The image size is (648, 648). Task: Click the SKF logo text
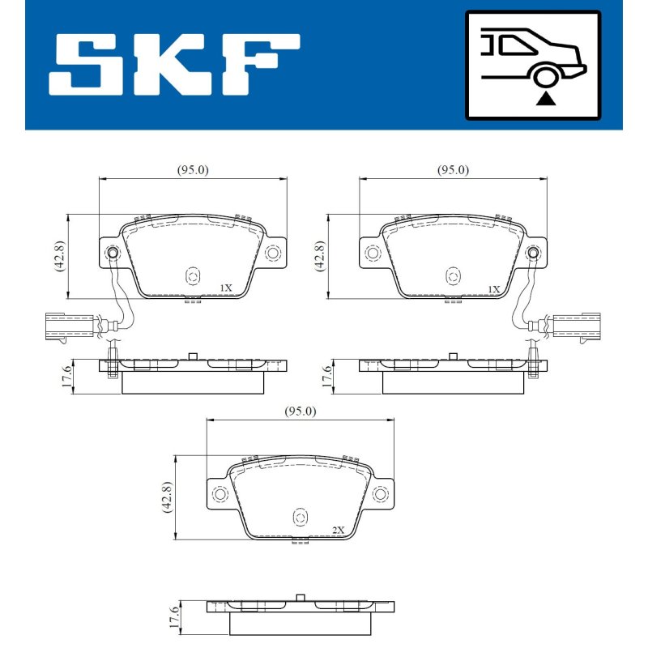(174, 65)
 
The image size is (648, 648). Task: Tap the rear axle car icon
(533, 66)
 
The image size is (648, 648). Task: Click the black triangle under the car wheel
(545, 99)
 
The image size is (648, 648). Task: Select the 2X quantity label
(338, 530)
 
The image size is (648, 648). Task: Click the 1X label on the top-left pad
(226, 288)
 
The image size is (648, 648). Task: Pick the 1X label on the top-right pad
(494, 289)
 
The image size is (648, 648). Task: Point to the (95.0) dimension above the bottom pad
(301, 411)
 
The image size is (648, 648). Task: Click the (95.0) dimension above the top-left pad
(193, 170)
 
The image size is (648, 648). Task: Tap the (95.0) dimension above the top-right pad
(454, 170)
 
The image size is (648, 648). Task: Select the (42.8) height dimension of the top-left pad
(59, 256)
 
